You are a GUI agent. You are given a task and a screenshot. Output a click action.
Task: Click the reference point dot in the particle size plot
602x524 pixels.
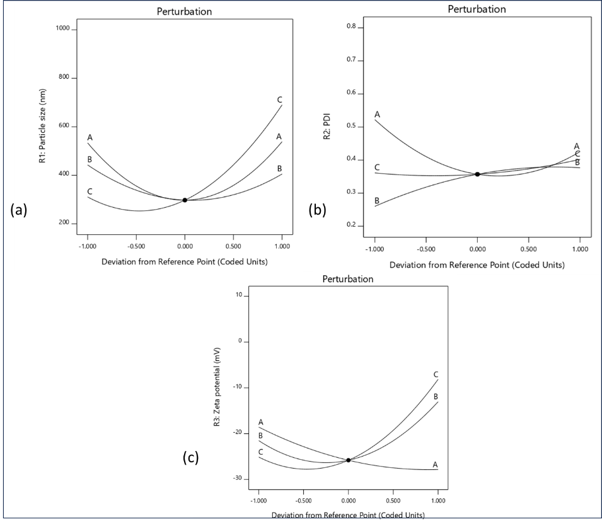[185, 200]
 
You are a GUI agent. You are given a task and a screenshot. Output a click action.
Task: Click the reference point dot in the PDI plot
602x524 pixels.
[477, 174]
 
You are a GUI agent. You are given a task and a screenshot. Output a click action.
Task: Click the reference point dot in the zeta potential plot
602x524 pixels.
[348, 460]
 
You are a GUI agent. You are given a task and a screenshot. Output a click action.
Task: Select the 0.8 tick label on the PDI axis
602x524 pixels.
[351, 27]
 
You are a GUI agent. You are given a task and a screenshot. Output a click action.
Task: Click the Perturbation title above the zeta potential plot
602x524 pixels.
[348, 278]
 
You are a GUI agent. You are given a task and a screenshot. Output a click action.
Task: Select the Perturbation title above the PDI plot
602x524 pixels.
[477, 9]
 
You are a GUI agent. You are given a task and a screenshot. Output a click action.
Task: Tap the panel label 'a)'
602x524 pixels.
[21, 210]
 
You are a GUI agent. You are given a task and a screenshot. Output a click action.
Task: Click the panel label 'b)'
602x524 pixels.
[320, 210]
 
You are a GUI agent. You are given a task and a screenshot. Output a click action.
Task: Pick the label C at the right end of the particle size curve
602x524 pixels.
[279, 100]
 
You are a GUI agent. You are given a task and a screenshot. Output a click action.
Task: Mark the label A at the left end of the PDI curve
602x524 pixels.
[377, 114]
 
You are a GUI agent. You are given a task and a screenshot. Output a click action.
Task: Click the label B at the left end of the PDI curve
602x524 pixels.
[377, 201]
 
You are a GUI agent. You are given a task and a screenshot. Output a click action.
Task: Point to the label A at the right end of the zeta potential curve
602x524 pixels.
[435, 464]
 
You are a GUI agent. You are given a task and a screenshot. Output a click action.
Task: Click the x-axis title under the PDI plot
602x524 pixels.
[477, 265]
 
